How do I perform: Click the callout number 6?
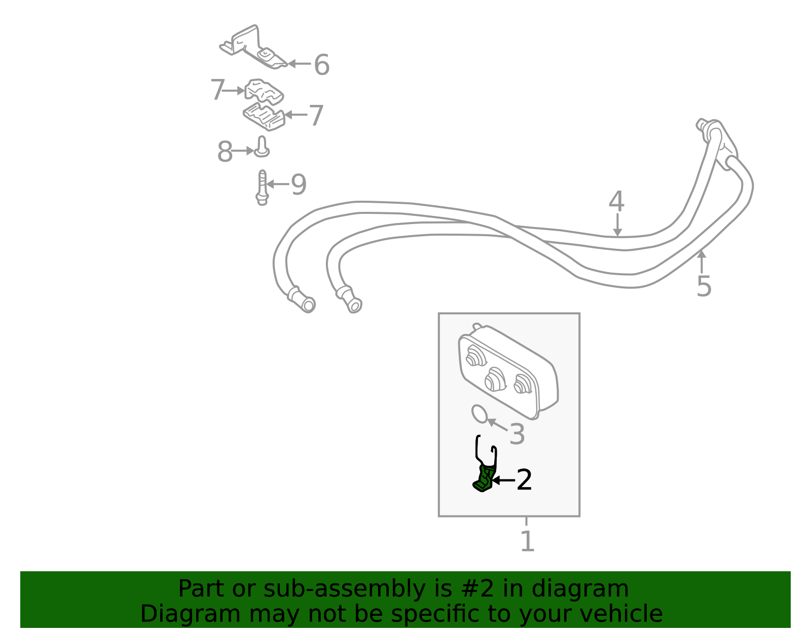[x=322, y=64]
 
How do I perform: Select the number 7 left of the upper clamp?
[x=217, y=90]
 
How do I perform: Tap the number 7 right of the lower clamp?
[x=316, y=115]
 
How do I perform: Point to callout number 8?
[x=225, y=152]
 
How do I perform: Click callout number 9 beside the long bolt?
[x=299, y=184]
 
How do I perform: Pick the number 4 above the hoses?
[x=616, y=201]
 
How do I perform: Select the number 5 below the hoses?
[x=704, y=286]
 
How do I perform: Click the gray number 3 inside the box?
[x=517, y=434]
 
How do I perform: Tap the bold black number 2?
[x=524, y=480]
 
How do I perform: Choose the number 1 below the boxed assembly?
[x=527, y=541]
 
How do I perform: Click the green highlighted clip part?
[x=484, y=479]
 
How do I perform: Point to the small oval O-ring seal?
[x=480, y=414]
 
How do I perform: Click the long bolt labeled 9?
[x=262, y=188]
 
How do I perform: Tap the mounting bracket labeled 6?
[x=253, y=47]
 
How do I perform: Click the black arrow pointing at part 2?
[x=503, y=480]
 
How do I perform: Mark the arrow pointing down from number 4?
[x=617, y=225]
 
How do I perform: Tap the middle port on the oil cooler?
[x=495, y=380]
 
